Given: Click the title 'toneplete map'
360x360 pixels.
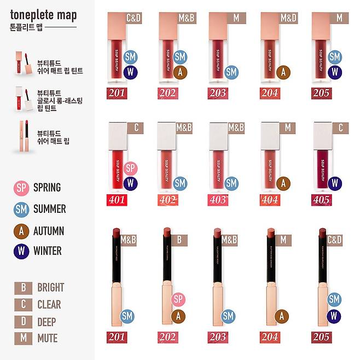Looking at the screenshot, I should pos(43,15).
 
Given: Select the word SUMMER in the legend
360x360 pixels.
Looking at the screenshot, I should pos(49,209).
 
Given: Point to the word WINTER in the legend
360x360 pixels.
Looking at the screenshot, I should pos(47,252).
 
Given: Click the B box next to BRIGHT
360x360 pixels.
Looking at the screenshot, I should pos(23,288).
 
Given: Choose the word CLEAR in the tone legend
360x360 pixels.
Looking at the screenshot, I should pos(49,305).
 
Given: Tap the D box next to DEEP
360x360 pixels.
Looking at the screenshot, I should pos(23,322).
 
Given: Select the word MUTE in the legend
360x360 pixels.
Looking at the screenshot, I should pos(48,339).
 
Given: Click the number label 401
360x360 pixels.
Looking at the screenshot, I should pos(116,200).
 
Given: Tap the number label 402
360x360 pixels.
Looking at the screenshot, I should pos(167,200).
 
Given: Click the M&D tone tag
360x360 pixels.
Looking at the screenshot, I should pos(288,19).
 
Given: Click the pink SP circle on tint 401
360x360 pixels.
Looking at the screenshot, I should pos(130,169).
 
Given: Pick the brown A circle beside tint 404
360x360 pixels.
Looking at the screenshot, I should pos(283,183).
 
